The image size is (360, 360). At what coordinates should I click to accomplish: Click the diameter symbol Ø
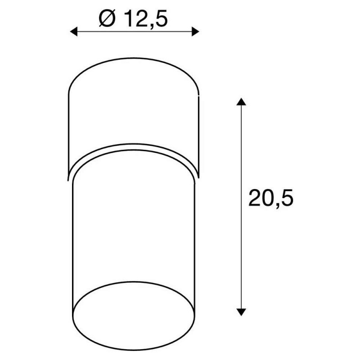(x=107, y=18)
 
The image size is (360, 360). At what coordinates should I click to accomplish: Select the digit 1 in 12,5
(x=129, y=19)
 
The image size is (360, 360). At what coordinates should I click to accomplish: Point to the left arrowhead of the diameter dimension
(x=74, y=31)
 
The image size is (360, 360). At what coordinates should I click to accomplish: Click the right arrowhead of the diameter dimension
(x=195, y=31)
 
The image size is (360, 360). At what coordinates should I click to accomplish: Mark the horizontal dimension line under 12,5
(x=135, y=31)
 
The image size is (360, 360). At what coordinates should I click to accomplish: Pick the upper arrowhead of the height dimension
(x=241, y=102)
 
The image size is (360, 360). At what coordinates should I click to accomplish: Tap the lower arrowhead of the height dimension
(x=241, y=312)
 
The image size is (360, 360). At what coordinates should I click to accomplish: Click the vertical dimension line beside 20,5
(x=241, y=207)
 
